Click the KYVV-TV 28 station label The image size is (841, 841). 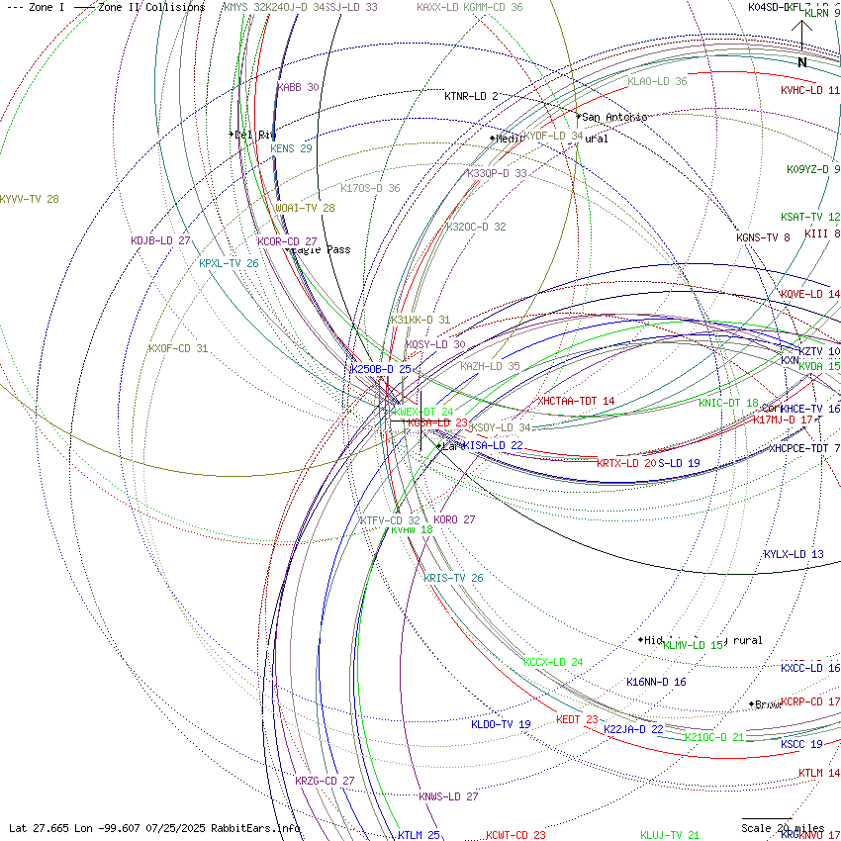(30, 199)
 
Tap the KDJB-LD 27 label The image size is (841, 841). (160, 240)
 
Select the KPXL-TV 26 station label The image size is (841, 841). (229, 263)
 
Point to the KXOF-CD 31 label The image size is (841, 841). (178, 348)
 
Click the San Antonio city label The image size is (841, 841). (614, 117)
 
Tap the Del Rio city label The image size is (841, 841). (254, 135)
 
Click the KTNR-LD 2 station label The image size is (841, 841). (471, 96)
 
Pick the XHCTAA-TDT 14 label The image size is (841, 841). (576, 401)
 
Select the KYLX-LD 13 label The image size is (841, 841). (794, 554)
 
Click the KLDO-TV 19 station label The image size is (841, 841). (501, 724)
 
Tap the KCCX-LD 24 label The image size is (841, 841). (553, 662)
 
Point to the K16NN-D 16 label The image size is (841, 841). (656, 682)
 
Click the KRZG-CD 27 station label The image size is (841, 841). (325, 781)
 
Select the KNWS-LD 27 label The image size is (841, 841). (448, 796)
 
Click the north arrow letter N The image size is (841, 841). (802, 62)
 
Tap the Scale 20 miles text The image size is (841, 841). (783, 828)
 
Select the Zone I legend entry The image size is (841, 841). (36, 7)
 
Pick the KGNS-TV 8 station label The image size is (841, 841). (763, 237)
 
